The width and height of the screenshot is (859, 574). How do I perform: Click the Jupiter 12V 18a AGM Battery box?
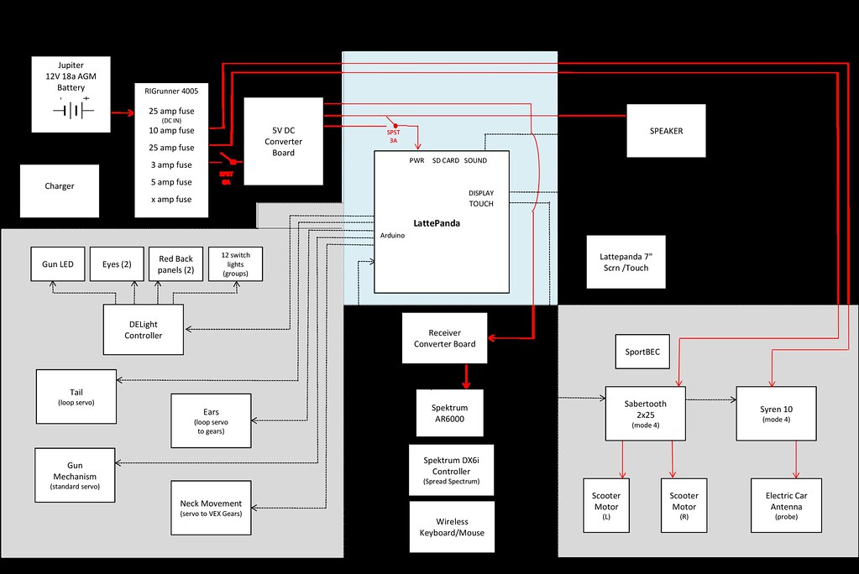tap(71, 94)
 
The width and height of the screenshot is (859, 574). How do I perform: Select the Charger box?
tap(59, 186)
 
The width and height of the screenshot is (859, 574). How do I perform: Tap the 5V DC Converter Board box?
tap(283, 141)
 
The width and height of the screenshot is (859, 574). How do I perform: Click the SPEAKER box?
tap(666, 131)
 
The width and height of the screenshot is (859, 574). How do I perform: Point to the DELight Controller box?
tap(144, 329)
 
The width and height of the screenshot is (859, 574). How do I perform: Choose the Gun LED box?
tap(58, 264)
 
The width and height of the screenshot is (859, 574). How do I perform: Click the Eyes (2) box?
tap(116, 264)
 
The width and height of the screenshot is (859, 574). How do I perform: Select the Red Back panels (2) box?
tap(176, 264)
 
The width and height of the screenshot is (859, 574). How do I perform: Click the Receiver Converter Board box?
tap(444, 338)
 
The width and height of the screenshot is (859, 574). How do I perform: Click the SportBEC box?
tap(642, 352)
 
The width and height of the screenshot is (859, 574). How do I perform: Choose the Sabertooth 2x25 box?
tap(646, 414)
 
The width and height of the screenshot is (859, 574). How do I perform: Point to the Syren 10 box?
tap(777, 414)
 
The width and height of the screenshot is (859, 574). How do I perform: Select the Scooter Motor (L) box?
tap(606, 506)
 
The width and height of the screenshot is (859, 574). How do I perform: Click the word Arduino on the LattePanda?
tap(392, 236)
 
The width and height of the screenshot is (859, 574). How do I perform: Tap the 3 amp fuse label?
tap(170, 164)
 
